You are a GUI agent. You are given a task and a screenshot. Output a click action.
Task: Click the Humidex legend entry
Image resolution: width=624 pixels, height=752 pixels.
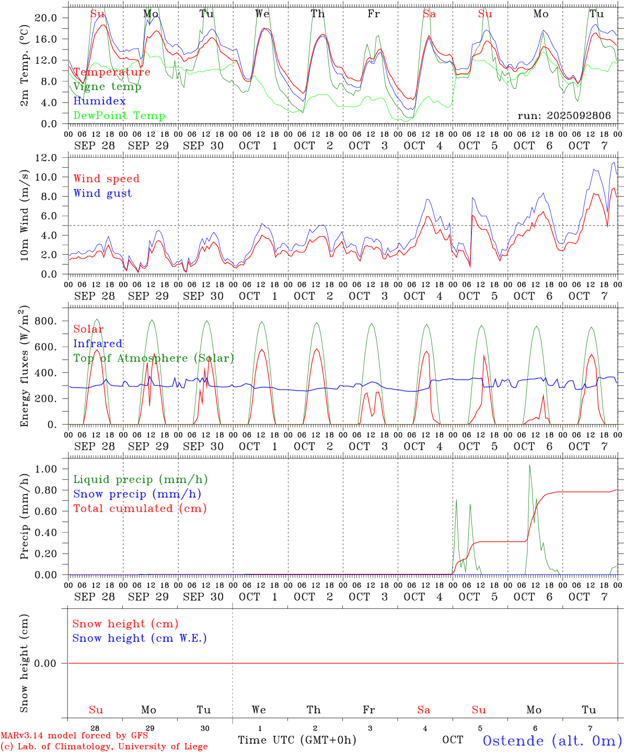(x=99, y=101)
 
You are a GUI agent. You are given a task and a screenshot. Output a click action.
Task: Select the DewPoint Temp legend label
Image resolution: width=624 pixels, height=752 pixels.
(x=119, y=115)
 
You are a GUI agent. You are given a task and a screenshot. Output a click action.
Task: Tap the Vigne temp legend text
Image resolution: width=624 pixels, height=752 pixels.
(x=107, y=86)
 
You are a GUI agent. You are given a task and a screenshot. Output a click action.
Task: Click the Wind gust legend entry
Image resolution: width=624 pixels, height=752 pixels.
(x=102, y=193)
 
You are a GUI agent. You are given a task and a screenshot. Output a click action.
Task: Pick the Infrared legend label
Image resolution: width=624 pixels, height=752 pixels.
(x=98, y=344)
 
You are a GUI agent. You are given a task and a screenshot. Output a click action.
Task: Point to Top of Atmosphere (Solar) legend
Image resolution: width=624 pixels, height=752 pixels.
(x=154, y=358)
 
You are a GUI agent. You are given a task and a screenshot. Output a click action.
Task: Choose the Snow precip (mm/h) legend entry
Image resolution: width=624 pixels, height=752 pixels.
(x=137, y=494)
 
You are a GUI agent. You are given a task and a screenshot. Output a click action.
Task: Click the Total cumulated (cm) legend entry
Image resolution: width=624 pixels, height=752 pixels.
(x=140, y=509)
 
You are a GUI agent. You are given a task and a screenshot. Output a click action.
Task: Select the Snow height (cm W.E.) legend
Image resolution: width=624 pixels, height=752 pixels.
(x=140, y=638)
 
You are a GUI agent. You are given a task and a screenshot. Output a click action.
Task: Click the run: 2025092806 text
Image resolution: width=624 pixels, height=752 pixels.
(x=564, y=115)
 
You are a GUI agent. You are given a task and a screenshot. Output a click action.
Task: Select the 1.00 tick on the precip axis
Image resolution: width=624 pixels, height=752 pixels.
(x=45, y=469)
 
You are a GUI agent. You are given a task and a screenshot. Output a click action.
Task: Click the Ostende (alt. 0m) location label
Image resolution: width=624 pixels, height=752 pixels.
(x=552, y=741)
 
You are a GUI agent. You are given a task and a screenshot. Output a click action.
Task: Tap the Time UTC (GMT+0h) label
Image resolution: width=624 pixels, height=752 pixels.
(x=297, y=740)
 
